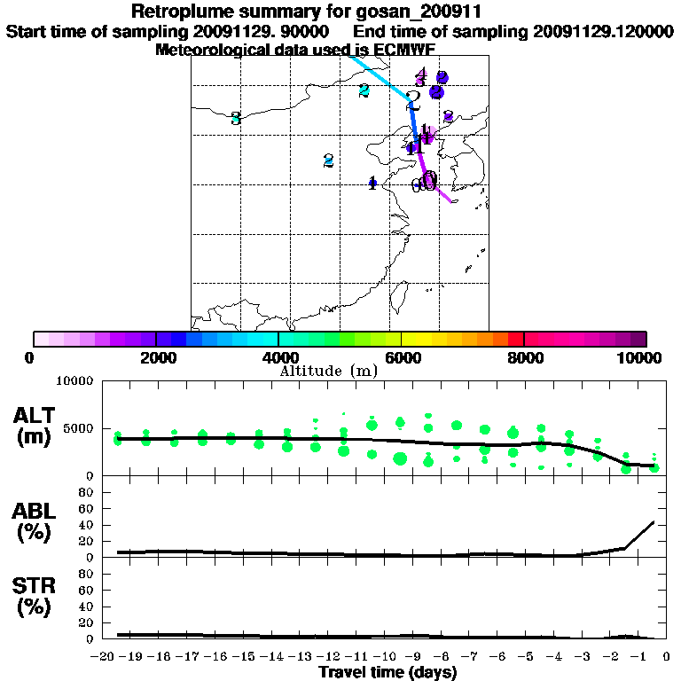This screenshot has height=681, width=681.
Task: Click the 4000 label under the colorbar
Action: coord(278,357)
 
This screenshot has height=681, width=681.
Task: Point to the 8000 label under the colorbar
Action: coord(524,357)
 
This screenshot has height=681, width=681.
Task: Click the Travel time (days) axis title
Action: coord(387,672)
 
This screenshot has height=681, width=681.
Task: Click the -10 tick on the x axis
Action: coord(387,657)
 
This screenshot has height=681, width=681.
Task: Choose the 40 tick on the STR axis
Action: coord(88,607)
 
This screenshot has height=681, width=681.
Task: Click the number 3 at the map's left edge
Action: coord(236,118)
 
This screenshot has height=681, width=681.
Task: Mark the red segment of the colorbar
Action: coord(516,339)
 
